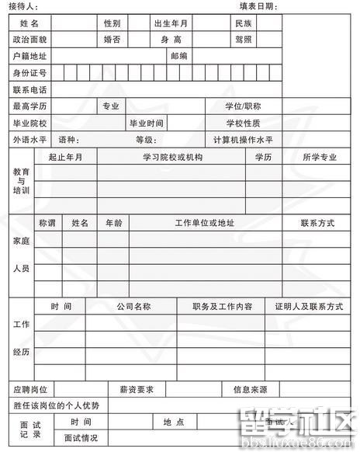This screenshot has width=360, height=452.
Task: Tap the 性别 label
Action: point(112,23)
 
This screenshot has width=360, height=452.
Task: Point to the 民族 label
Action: point(244,23)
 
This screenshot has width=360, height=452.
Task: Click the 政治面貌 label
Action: point(30,40)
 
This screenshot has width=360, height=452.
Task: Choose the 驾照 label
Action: point(244,40)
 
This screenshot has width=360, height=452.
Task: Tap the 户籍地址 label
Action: point(30,57)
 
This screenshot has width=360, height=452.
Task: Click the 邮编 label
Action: point(179,57)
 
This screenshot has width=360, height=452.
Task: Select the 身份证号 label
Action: point(30,74)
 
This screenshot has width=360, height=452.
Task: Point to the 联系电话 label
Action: point(30,90)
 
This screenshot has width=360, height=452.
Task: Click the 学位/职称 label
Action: point(243,106)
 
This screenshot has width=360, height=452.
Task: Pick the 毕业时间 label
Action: point(147,123)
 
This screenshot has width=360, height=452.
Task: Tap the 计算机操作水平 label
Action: point(243,140)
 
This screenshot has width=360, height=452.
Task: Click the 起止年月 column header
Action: point(65,157)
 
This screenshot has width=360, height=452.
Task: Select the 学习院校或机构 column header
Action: point(172,157)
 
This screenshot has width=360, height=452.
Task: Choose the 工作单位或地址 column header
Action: point(205,223)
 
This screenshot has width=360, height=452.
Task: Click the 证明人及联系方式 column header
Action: point(309,307)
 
